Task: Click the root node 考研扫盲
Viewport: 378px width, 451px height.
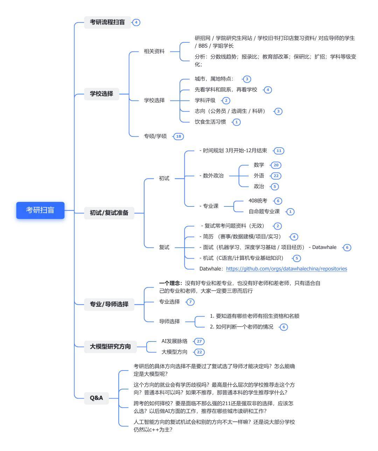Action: [40, 210]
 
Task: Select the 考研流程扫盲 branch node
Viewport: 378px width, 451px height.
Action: [107, 22]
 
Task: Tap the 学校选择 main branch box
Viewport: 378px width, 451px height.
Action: [101, 94]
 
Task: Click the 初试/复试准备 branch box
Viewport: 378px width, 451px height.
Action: [109, 213]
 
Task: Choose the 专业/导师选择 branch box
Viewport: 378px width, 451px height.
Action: [109, 304]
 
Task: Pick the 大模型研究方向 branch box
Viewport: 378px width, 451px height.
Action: [110, 346]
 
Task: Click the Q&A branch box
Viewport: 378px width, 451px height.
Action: [96, 398]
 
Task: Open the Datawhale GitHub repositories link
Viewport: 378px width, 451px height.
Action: [286, 269]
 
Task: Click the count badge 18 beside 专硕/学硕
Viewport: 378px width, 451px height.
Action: [178, 136]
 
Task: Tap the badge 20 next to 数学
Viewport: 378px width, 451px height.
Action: [276, 165]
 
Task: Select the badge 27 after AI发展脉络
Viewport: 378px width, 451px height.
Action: [199, 341]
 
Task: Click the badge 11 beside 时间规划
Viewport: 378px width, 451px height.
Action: [279, 151]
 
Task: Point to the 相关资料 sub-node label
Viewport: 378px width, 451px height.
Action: [154, 51]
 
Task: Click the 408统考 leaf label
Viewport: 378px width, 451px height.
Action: [258, 201]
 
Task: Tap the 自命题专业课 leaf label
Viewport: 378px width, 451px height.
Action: [264, 211]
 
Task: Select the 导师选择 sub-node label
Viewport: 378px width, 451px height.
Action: [169, 321]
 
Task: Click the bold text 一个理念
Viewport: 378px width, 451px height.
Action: [170, 283]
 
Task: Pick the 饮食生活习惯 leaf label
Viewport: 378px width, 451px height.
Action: [210, 122]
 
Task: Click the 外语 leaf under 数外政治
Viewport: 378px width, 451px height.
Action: [259, 176]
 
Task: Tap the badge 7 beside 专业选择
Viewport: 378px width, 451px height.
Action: [190, 302]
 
